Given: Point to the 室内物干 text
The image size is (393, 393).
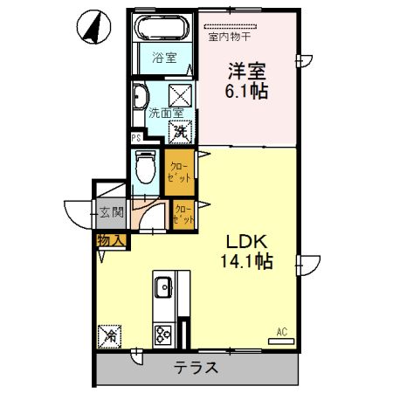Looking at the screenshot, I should (230, 37).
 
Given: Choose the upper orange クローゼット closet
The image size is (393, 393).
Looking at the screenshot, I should (176, 169).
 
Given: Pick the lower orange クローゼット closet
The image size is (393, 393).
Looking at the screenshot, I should (183, 215).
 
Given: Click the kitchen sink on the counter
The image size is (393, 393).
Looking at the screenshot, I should (163, 286).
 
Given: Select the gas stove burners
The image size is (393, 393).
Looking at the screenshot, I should (163, 334).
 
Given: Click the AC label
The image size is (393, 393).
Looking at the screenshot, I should (281, 331).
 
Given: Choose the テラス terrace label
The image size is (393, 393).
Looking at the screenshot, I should (194, 368).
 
